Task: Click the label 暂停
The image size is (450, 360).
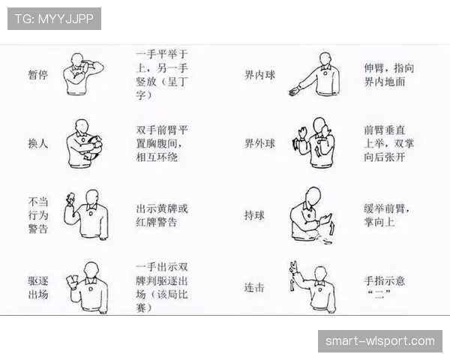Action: coord(38,75)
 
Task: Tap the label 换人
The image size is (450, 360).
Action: coord(38,143)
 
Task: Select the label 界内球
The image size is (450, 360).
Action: coord(259,75)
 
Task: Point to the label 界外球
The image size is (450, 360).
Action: coord(259,143)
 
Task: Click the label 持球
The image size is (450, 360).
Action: coord(254,215)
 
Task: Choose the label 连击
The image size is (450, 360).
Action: coord(254,287)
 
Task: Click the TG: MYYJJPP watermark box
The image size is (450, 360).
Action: coord(54,19)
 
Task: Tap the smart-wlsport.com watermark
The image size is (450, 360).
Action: coord(380,341)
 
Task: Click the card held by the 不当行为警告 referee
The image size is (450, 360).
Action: coord(70,196)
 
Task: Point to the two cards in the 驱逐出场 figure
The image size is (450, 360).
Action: coord(72,279)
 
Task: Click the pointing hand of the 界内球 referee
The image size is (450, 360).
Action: coord(294,92)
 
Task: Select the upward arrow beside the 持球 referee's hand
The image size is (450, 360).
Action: coord(332,228)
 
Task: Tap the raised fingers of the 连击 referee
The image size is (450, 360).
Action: coord(293,267)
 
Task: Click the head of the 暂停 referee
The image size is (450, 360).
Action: coord(78,59)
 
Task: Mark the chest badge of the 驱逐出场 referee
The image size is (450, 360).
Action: coord(91,289)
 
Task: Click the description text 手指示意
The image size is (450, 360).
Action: coord(384,280)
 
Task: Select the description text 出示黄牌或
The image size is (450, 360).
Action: coord(162,208)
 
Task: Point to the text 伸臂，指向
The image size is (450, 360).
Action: coord(389,68)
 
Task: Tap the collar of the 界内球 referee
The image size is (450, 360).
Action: coord(326,68)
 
